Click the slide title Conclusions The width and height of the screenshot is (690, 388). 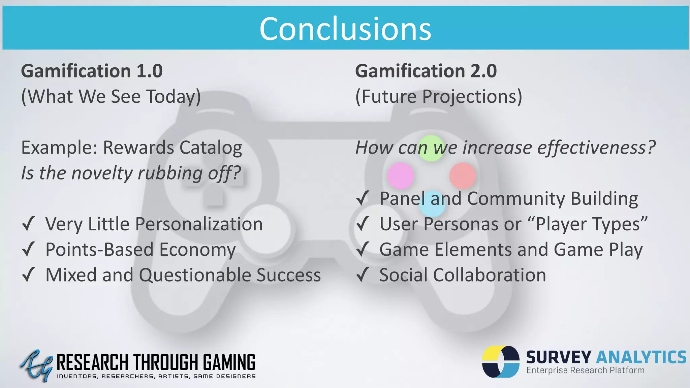pyautogui.click(x=345, y=29)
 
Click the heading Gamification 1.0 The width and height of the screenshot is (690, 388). pyautogui.click(x=92, y=71)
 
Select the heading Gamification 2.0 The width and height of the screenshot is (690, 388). pyautogui.click(x=426, y=71)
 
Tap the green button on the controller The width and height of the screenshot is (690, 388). pyautogui.click(x=431, y=148)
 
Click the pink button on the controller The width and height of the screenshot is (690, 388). pyautogui.click(x=400, y=175)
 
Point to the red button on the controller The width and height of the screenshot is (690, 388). pyautogui.click(x=463, y=175)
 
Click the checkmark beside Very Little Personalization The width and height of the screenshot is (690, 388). pyautogui.click(x=29, y=224)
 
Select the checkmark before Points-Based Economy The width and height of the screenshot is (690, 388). pyautogui.click(x=29, y=249)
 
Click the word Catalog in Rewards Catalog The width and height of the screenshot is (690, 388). pyautogui.click(x=211, y=148)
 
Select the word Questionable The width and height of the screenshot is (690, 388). pyautogui.click(x=195, y=275)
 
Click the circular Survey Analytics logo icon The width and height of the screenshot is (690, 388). pyautogui.click(x=501, y=361)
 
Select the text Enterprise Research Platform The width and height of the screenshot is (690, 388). pyautogui.click(x=585, y=370)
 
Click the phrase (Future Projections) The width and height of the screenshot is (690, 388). pyautogui.click(x=439, y=97)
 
